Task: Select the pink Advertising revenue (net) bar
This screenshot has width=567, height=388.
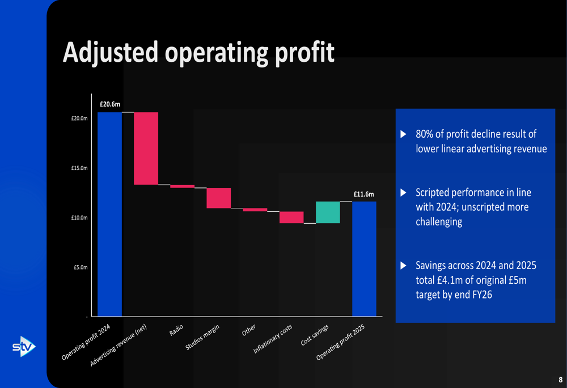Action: (146, 148)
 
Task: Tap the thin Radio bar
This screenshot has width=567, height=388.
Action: (182, 186)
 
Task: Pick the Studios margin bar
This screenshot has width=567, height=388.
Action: (218, 198)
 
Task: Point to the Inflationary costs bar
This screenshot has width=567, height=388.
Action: (291, 217)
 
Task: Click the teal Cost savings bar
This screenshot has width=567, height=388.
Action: (328, 212)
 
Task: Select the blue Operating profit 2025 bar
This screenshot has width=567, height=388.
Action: (364, 258)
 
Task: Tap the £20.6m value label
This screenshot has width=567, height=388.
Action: (109, 104)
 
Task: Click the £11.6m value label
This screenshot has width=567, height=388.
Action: (363, 194)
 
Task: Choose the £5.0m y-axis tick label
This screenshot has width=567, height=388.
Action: (80, 267)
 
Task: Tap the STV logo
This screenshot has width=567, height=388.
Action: (24, 346)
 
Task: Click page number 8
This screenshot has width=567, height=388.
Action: (560, 380)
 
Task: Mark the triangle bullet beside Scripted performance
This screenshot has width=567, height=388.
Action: (404, 193)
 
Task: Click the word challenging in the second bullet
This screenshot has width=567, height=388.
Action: (439, 221)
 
